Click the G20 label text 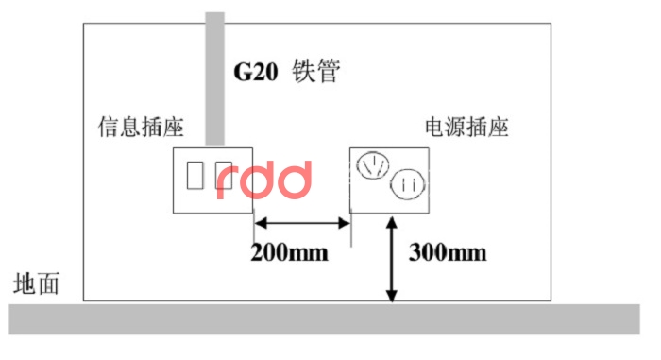click(x=255, y=73)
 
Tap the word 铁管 click(x=316, y=72)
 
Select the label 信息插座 click(x=142, y=128)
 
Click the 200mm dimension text click(x=289, y=252)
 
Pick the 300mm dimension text click(x=448, y=252)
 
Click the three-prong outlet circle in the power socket click(x=372, y=167)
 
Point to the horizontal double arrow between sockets click(x=301, y=224)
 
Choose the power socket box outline click(x=350, y=180)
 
